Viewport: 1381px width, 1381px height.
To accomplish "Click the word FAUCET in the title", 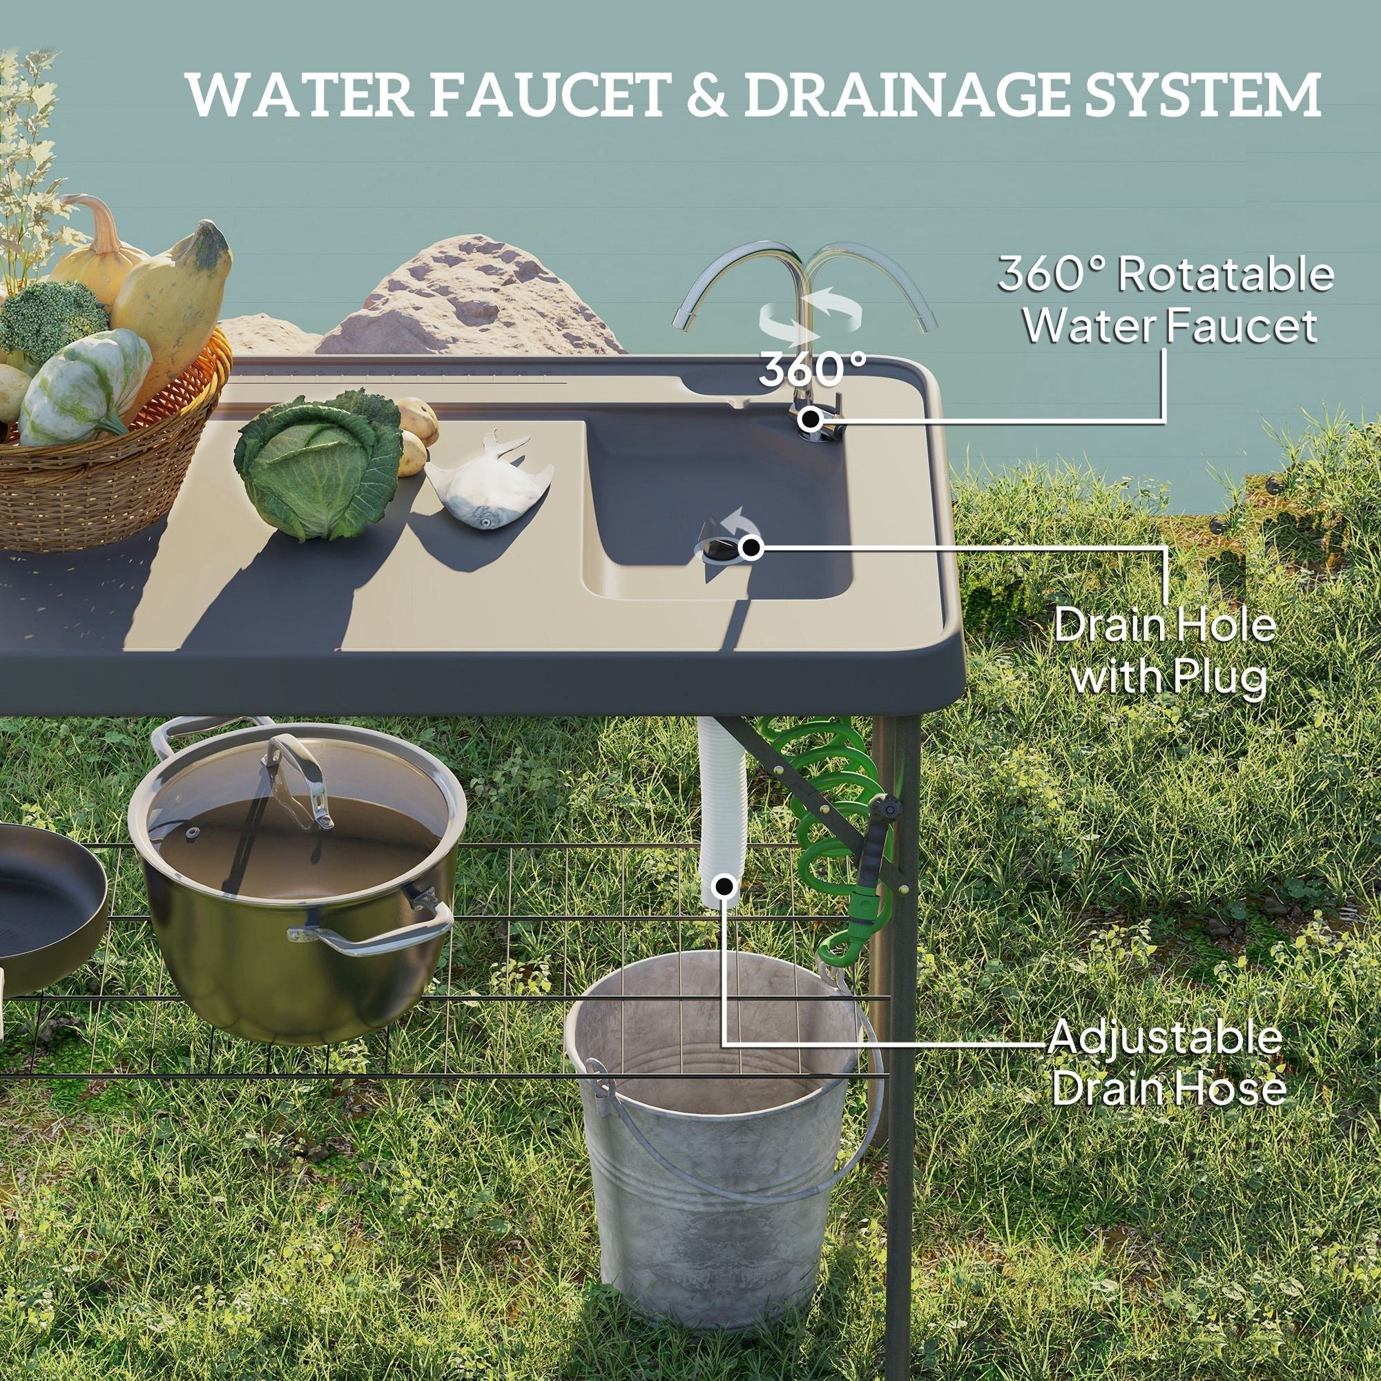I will pos(548,95).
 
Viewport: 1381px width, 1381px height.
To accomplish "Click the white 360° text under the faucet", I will pos(812,369).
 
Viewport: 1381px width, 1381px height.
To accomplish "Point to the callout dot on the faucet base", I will pos(811,419).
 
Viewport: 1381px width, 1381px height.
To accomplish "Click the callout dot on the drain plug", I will pos(750,548).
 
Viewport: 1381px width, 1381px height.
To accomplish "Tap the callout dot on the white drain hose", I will pos(725,887).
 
